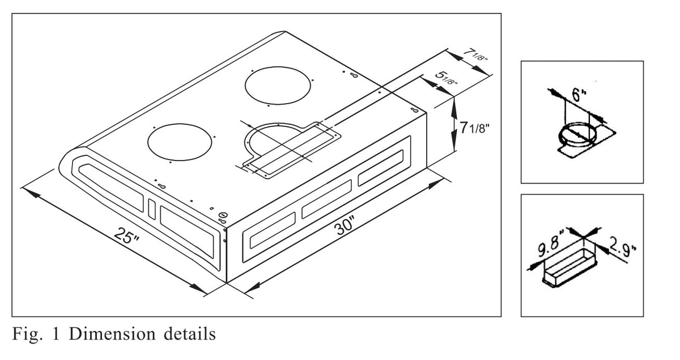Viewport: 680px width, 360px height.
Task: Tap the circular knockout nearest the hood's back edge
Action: (278, 85)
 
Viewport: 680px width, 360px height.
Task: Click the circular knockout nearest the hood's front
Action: (180, 142)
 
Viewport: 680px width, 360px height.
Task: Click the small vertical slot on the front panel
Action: (151, 207)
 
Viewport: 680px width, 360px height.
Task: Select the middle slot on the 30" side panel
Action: (326, 198)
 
